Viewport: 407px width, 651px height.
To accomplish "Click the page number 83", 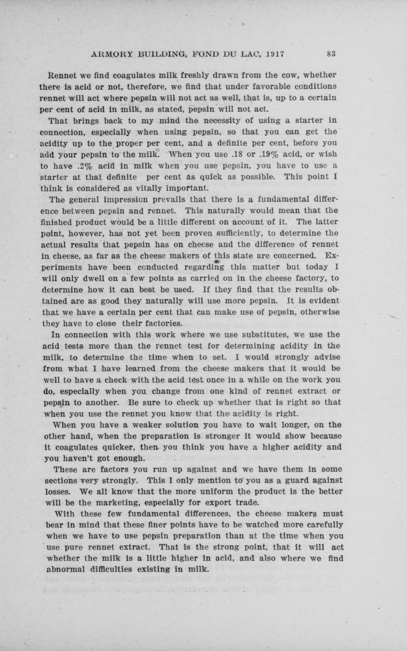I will pyautogui.click(x=331, y=54).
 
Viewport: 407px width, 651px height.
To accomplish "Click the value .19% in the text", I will pyautogui.click(x=268, y=154).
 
